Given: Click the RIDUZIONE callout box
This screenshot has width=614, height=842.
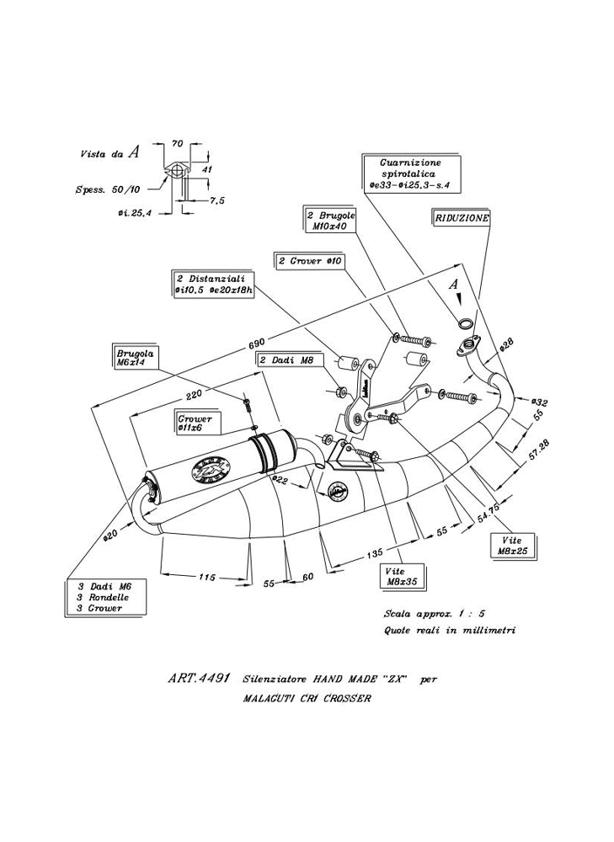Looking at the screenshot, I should point(462,216).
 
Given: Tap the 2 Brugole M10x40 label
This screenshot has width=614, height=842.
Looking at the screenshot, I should point(326,221).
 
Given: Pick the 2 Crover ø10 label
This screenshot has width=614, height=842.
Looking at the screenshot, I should point(309,261).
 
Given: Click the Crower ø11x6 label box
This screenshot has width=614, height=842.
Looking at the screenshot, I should point(195,424).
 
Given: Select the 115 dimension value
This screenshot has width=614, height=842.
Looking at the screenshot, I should point(206,577).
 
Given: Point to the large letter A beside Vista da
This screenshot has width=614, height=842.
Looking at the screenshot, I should point(135,152).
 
